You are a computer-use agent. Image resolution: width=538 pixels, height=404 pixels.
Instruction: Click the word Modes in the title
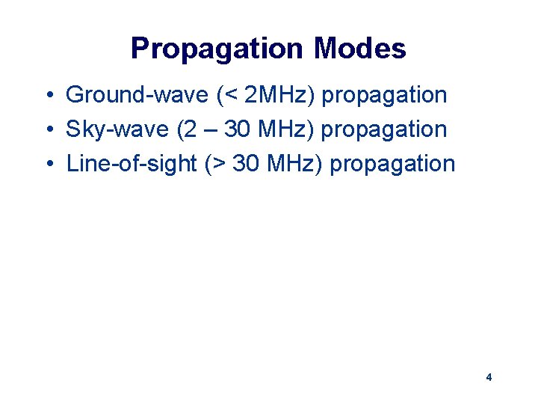360,49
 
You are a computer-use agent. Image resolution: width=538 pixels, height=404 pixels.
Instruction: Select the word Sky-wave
118,130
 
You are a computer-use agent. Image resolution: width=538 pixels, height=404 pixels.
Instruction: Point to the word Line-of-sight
132,164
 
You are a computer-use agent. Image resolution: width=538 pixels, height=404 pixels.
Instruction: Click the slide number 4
489,377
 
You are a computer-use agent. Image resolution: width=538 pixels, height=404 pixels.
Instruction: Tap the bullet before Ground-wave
47,96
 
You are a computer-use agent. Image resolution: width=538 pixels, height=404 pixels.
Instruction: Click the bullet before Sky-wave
47,130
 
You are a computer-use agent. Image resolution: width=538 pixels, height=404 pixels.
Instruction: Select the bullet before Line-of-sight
47,164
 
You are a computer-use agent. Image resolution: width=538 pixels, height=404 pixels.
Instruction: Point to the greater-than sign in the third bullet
219,164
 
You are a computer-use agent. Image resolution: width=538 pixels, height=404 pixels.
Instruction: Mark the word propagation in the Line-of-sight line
392,164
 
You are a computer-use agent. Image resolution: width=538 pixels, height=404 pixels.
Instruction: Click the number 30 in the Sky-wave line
238,130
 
